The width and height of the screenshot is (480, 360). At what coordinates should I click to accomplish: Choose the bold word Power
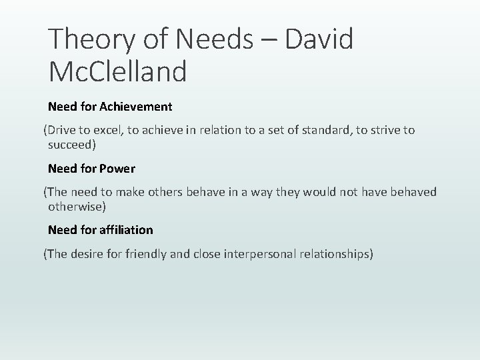119,168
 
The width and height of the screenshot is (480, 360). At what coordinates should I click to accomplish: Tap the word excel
107,130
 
